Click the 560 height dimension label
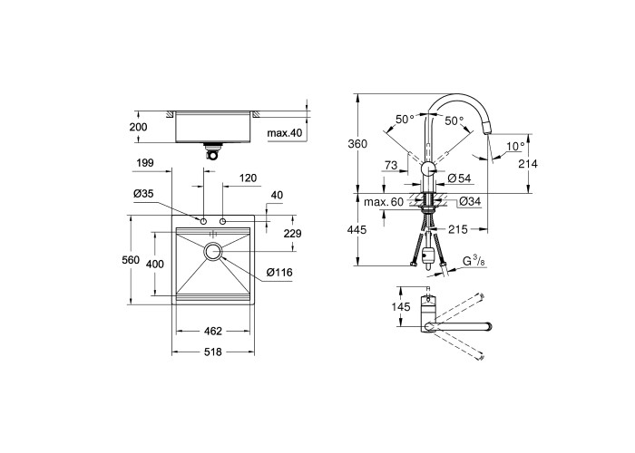click(131, 260)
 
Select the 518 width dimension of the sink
click(213, 352)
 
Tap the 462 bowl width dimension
click(213, 332)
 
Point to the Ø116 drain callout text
click(279, 273)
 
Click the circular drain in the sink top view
click(212, 252)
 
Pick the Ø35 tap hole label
click(143, 194)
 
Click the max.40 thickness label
click(285, 132)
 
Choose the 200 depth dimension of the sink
click(138, 127)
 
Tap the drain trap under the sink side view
click(213, 151)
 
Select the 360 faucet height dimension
click(357, 143)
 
